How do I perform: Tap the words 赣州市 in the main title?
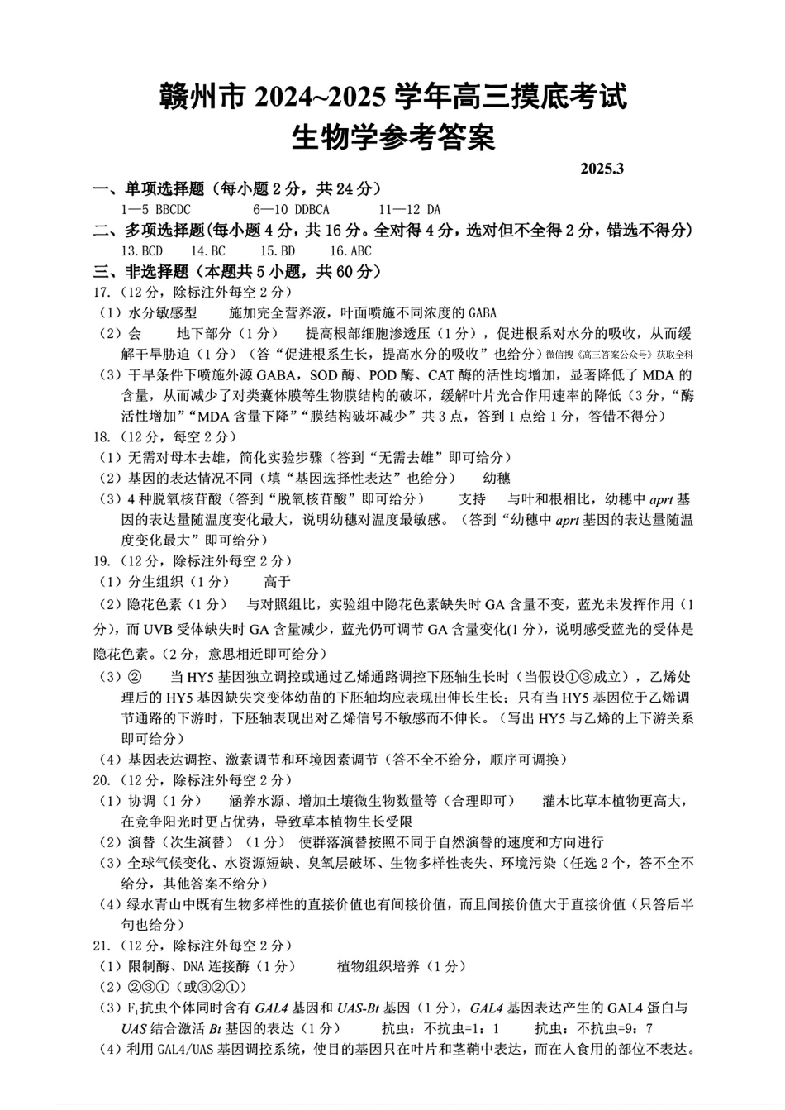(204, 98)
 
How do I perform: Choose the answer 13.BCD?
(142, 251)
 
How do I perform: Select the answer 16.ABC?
(350, 251)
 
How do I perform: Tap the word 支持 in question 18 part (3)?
(473, 499)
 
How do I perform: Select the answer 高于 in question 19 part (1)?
(277, 582)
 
